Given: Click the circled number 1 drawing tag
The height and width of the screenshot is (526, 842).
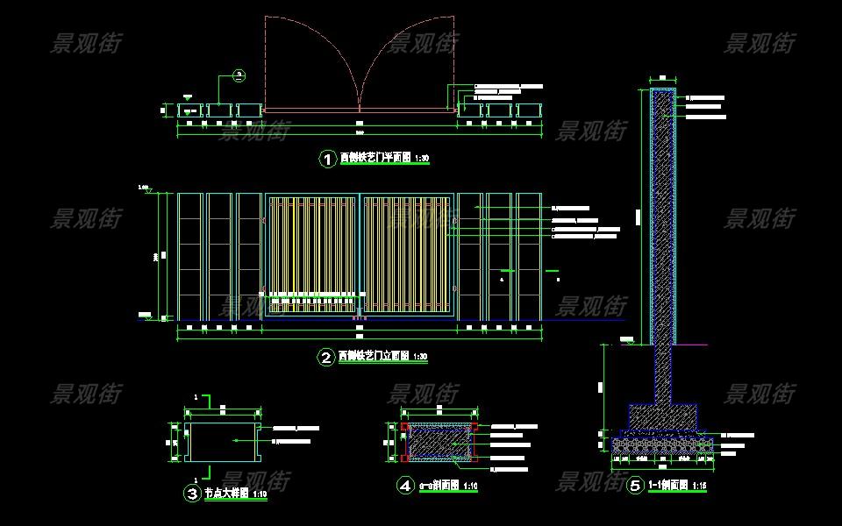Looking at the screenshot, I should tap(327, 159).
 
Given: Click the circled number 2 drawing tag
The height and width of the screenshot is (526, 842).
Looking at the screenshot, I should tap(326, 358).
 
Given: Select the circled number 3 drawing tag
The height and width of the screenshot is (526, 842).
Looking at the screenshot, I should tap(192, 494).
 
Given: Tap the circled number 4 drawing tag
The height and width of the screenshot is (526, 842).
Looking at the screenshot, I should tap(405, 485).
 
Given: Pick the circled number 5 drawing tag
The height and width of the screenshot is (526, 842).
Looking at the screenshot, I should tap(635, 485).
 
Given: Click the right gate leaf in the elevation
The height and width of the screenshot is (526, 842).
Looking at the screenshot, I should tap(407, 254).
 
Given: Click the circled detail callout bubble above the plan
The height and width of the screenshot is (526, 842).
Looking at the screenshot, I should tap(239, 76).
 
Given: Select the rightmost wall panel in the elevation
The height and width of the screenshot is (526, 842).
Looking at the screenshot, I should tap(529, 255).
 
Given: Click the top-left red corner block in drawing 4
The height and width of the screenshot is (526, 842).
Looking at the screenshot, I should tap(404, 427).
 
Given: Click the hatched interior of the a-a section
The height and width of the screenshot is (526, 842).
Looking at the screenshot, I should tap(438, 443).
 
